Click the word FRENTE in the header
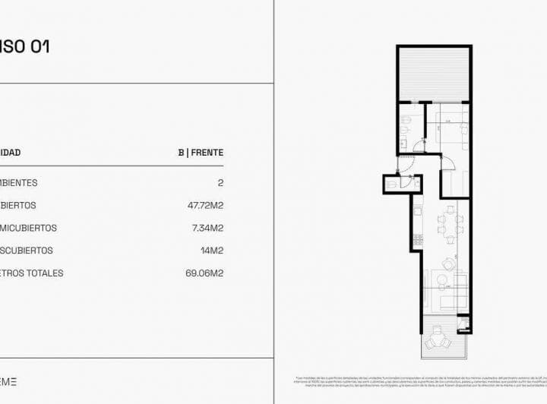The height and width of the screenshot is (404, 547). [207, 153]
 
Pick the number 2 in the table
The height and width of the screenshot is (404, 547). [220, 183]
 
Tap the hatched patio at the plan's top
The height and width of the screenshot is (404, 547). [434, 74]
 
